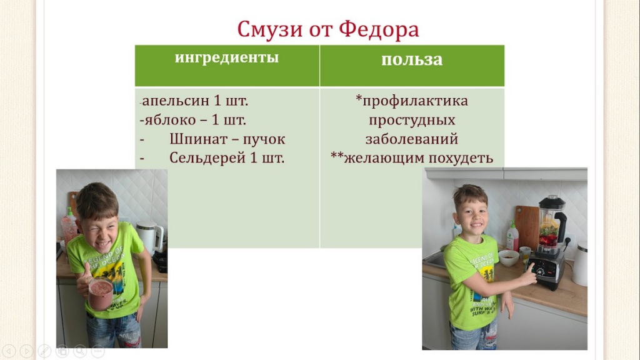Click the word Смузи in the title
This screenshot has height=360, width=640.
[x=270, y=29]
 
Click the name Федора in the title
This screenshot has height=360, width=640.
[x=379, y=29]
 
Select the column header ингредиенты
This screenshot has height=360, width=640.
[x=227, y=57]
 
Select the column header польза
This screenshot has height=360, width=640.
[x=412, y=59]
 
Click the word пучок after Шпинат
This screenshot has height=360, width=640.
[x=264, y=139]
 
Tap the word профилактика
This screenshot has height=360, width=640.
[x=415, y=101]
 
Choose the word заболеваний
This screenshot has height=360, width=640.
[x=411, y=139]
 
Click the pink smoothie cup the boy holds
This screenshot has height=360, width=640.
[x=101, y=294]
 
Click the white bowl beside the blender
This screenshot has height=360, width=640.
[x=508, y=258]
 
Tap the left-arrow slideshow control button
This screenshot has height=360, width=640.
[x=9, y=351]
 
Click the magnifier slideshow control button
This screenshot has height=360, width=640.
[x=80, y=351]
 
